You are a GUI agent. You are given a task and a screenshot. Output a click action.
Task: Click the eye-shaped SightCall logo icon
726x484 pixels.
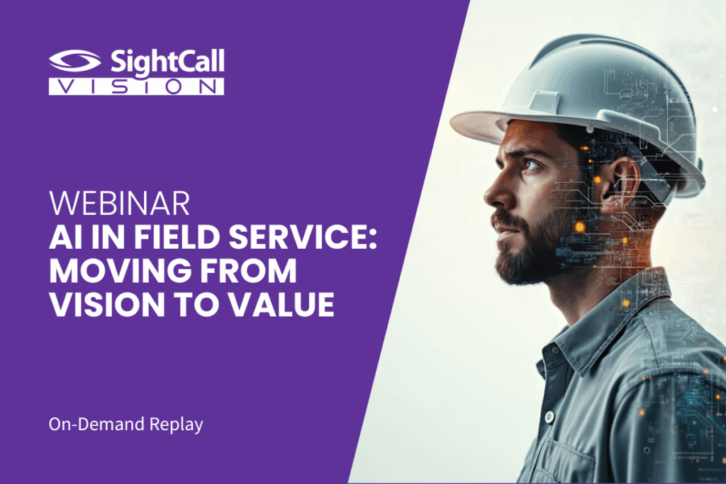(x=74, y=61)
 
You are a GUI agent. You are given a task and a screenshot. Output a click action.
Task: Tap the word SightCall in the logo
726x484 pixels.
(x=167, y=62)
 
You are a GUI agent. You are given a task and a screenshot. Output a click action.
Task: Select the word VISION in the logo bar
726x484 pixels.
(x=137, y=86)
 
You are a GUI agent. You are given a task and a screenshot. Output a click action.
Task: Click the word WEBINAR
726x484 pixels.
(x=119, y=203)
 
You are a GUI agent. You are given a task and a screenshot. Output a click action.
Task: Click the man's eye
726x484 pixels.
(x=532, y=164)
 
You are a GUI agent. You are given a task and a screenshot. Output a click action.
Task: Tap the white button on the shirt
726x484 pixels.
(x=549, y=417)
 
